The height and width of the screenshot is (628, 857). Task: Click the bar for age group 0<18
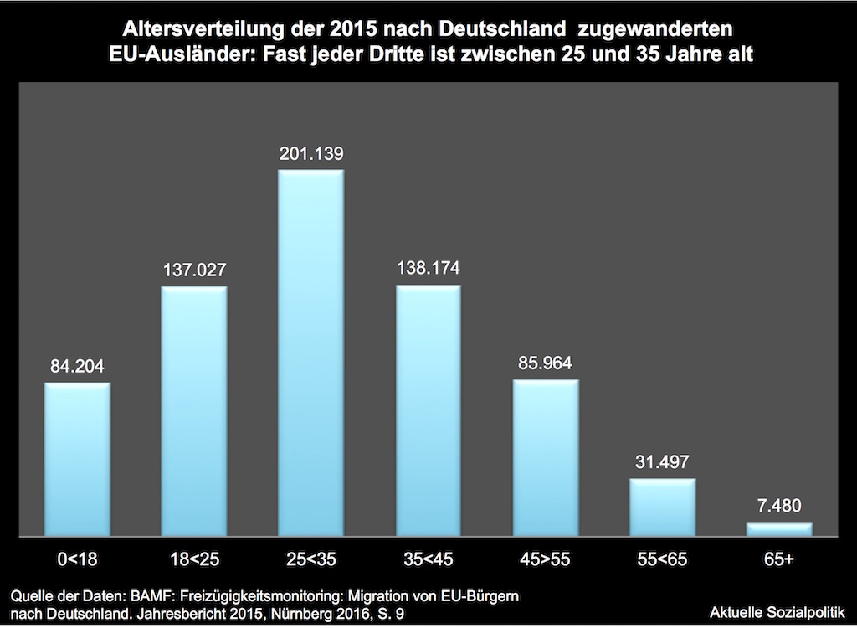click(77, 459)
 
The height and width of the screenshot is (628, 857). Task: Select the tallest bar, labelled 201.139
click(310, 352)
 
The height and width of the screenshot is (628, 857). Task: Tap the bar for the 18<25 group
click(193, 410)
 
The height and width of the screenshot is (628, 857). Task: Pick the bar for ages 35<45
click(428, 410)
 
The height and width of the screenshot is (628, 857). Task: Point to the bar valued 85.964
click(545, 457)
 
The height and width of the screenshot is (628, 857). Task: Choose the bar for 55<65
click(662, 507)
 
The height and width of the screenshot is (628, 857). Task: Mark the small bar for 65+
click(779, 529)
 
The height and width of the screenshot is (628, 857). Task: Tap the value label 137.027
click(193, 270)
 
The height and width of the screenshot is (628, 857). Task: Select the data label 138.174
click(428, 269)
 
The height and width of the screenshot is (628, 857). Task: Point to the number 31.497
click(662, 462)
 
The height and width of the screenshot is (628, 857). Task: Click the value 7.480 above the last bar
click(779, 507)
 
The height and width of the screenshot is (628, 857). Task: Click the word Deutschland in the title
click(500, 29)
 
